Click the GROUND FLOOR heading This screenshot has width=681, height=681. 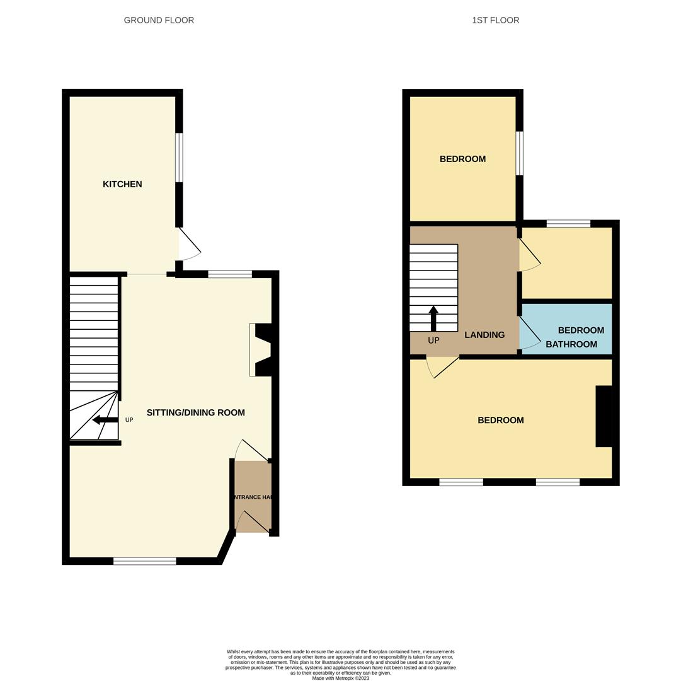point(159,20)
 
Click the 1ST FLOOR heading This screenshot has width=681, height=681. point(496,20)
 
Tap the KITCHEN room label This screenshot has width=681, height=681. point(122,184)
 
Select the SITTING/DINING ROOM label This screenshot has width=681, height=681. point(195,413)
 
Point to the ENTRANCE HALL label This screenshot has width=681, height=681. point(253,498)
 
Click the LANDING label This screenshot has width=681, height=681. point(484,335)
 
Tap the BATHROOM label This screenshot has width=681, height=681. point(571,344)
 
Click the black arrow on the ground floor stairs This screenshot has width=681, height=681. point(105,420)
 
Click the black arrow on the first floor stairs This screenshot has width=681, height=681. point(433,318)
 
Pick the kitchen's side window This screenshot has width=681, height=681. point(179,158)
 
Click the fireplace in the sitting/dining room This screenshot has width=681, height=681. point(261,350)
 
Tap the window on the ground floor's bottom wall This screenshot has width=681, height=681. point(145,561)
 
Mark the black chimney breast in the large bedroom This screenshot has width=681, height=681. point(604,416)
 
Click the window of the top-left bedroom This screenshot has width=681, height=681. point(519,153)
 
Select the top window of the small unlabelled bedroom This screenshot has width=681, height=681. point(568,223)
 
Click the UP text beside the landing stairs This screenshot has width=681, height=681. point(433,340)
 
